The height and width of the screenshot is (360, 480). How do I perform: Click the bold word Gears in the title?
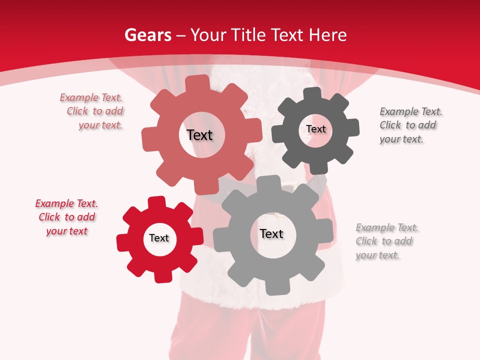click(147, 35)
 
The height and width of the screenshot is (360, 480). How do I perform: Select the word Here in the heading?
click(327, 35)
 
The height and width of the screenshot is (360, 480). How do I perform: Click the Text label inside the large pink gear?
click(199, 135)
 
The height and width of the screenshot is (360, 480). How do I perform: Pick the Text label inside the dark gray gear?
click(315, 129)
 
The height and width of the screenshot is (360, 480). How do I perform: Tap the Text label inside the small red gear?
click(159, 238)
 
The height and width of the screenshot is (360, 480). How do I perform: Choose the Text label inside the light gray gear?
click(271, 233)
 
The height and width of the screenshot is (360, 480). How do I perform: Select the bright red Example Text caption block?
click(66, 217)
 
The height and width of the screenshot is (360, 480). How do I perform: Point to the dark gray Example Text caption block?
click(410, 125)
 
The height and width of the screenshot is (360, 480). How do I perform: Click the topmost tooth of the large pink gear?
click(198, 81)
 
